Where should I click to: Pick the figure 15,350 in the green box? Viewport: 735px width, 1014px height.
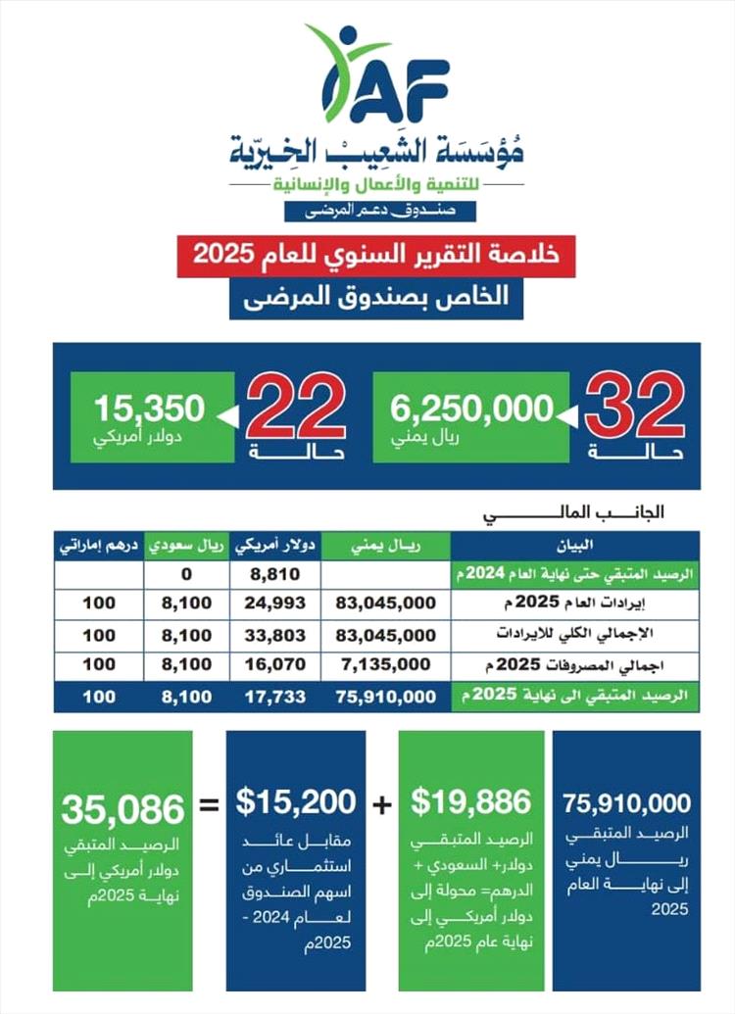pyautogui.click(x=150, y=406)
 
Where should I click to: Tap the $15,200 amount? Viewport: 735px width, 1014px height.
pyautogui.click(x=296, y=801)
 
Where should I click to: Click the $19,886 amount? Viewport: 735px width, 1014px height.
pyautogui.click(x=470, y=801)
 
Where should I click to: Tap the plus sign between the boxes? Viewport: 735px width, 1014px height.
pyautogui.click(x=382, y=804)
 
